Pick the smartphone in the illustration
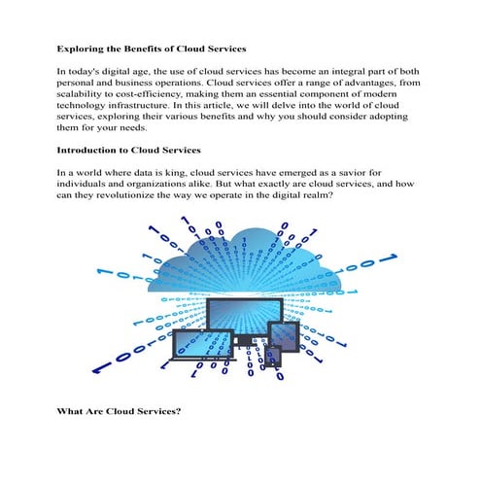(273, 356)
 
